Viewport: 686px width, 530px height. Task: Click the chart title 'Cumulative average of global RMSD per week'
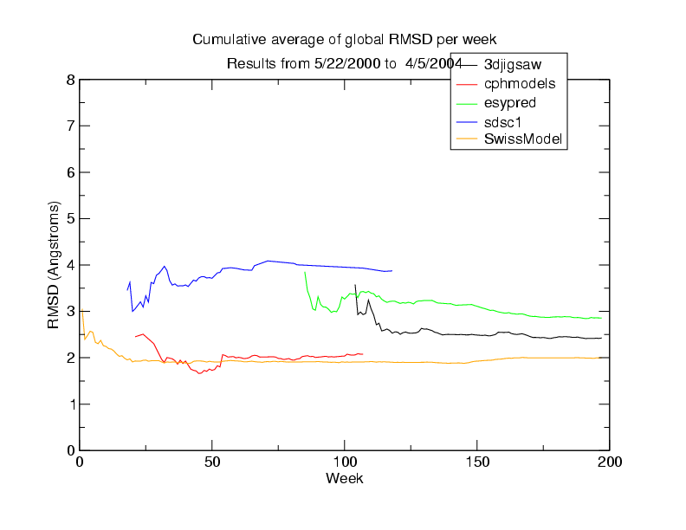point(344,40)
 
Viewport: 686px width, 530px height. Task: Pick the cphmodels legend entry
point(513,83)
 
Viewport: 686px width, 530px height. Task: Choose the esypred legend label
point(509,102)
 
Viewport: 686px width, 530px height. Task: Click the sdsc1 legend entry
point(504,120)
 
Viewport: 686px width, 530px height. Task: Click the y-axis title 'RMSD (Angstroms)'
point(54,265)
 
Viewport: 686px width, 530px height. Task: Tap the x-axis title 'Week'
point(344,478)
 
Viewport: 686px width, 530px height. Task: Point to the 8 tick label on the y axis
point(69,81)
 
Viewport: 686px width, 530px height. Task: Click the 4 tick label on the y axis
point(69,265)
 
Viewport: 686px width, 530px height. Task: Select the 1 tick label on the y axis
point(69,404)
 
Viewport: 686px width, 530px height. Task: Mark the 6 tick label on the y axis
point(69,172)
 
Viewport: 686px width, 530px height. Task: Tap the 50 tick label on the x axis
point(212,461)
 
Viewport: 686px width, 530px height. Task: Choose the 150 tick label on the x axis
point(477,461)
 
